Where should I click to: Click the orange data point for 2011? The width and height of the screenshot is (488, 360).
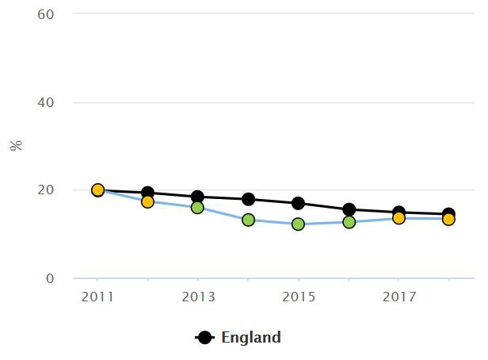click(x=97, y=190)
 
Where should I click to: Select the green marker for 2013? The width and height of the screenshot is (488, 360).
click(x=197, y=208)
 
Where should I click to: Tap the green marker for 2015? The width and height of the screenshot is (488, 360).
click(x=298, y=224)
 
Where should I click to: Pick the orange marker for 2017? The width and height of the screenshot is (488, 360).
click(x=398, y=218)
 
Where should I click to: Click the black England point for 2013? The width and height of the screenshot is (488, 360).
click(x=197, y=197)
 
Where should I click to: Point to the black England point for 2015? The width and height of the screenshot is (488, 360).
click(x=298, y=204)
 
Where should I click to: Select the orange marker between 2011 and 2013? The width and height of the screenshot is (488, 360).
click(x=147, y=201)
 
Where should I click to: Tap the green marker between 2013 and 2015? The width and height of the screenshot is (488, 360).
click(x=248, y=220)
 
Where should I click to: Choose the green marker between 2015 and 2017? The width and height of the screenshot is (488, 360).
click(x=349, y=222)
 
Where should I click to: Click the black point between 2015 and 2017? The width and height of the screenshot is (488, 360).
click(x=349, y=210)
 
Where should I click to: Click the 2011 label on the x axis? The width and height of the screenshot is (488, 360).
click(x=97, y=297)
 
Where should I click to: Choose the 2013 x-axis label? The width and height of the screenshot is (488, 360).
click(x=197, y=297)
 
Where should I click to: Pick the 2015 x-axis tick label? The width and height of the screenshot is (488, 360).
click(x=298, y=297)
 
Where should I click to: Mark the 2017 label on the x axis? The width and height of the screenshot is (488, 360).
click(x=398, y=297)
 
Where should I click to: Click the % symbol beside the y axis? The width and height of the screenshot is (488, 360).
click(x=16, y=146)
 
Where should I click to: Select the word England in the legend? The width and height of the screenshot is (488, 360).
click(x=250, y=338)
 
